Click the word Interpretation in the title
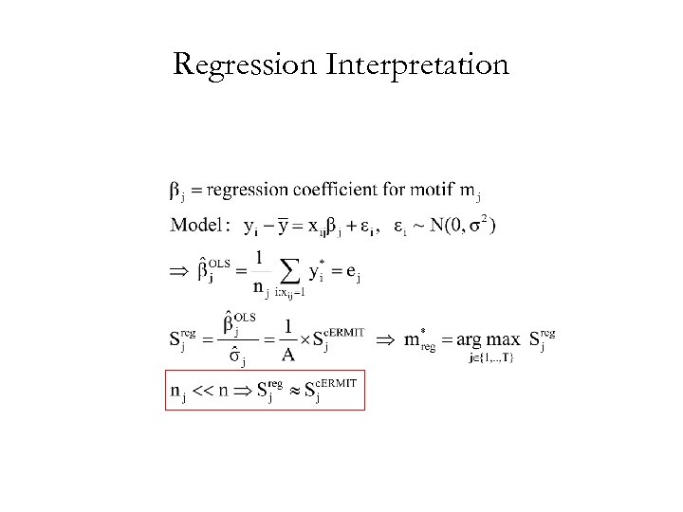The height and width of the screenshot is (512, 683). coord(417,64)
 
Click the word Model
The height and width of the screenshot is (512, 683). coord(197,226)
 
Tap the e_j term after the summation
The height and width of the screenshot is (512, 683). coord(353,273)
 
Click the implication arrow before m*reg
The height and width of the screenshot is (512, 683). coord(385,338)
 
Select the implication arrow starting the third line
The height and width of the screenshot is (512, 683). coord(179,272)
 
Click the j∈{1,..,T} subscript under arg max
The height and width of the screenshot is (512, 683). coord(491,358)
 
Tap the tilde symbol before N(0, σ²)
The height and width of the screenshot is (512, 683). coord(417,226)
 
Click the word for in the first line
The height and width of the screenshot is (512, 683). coord(391,191)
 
